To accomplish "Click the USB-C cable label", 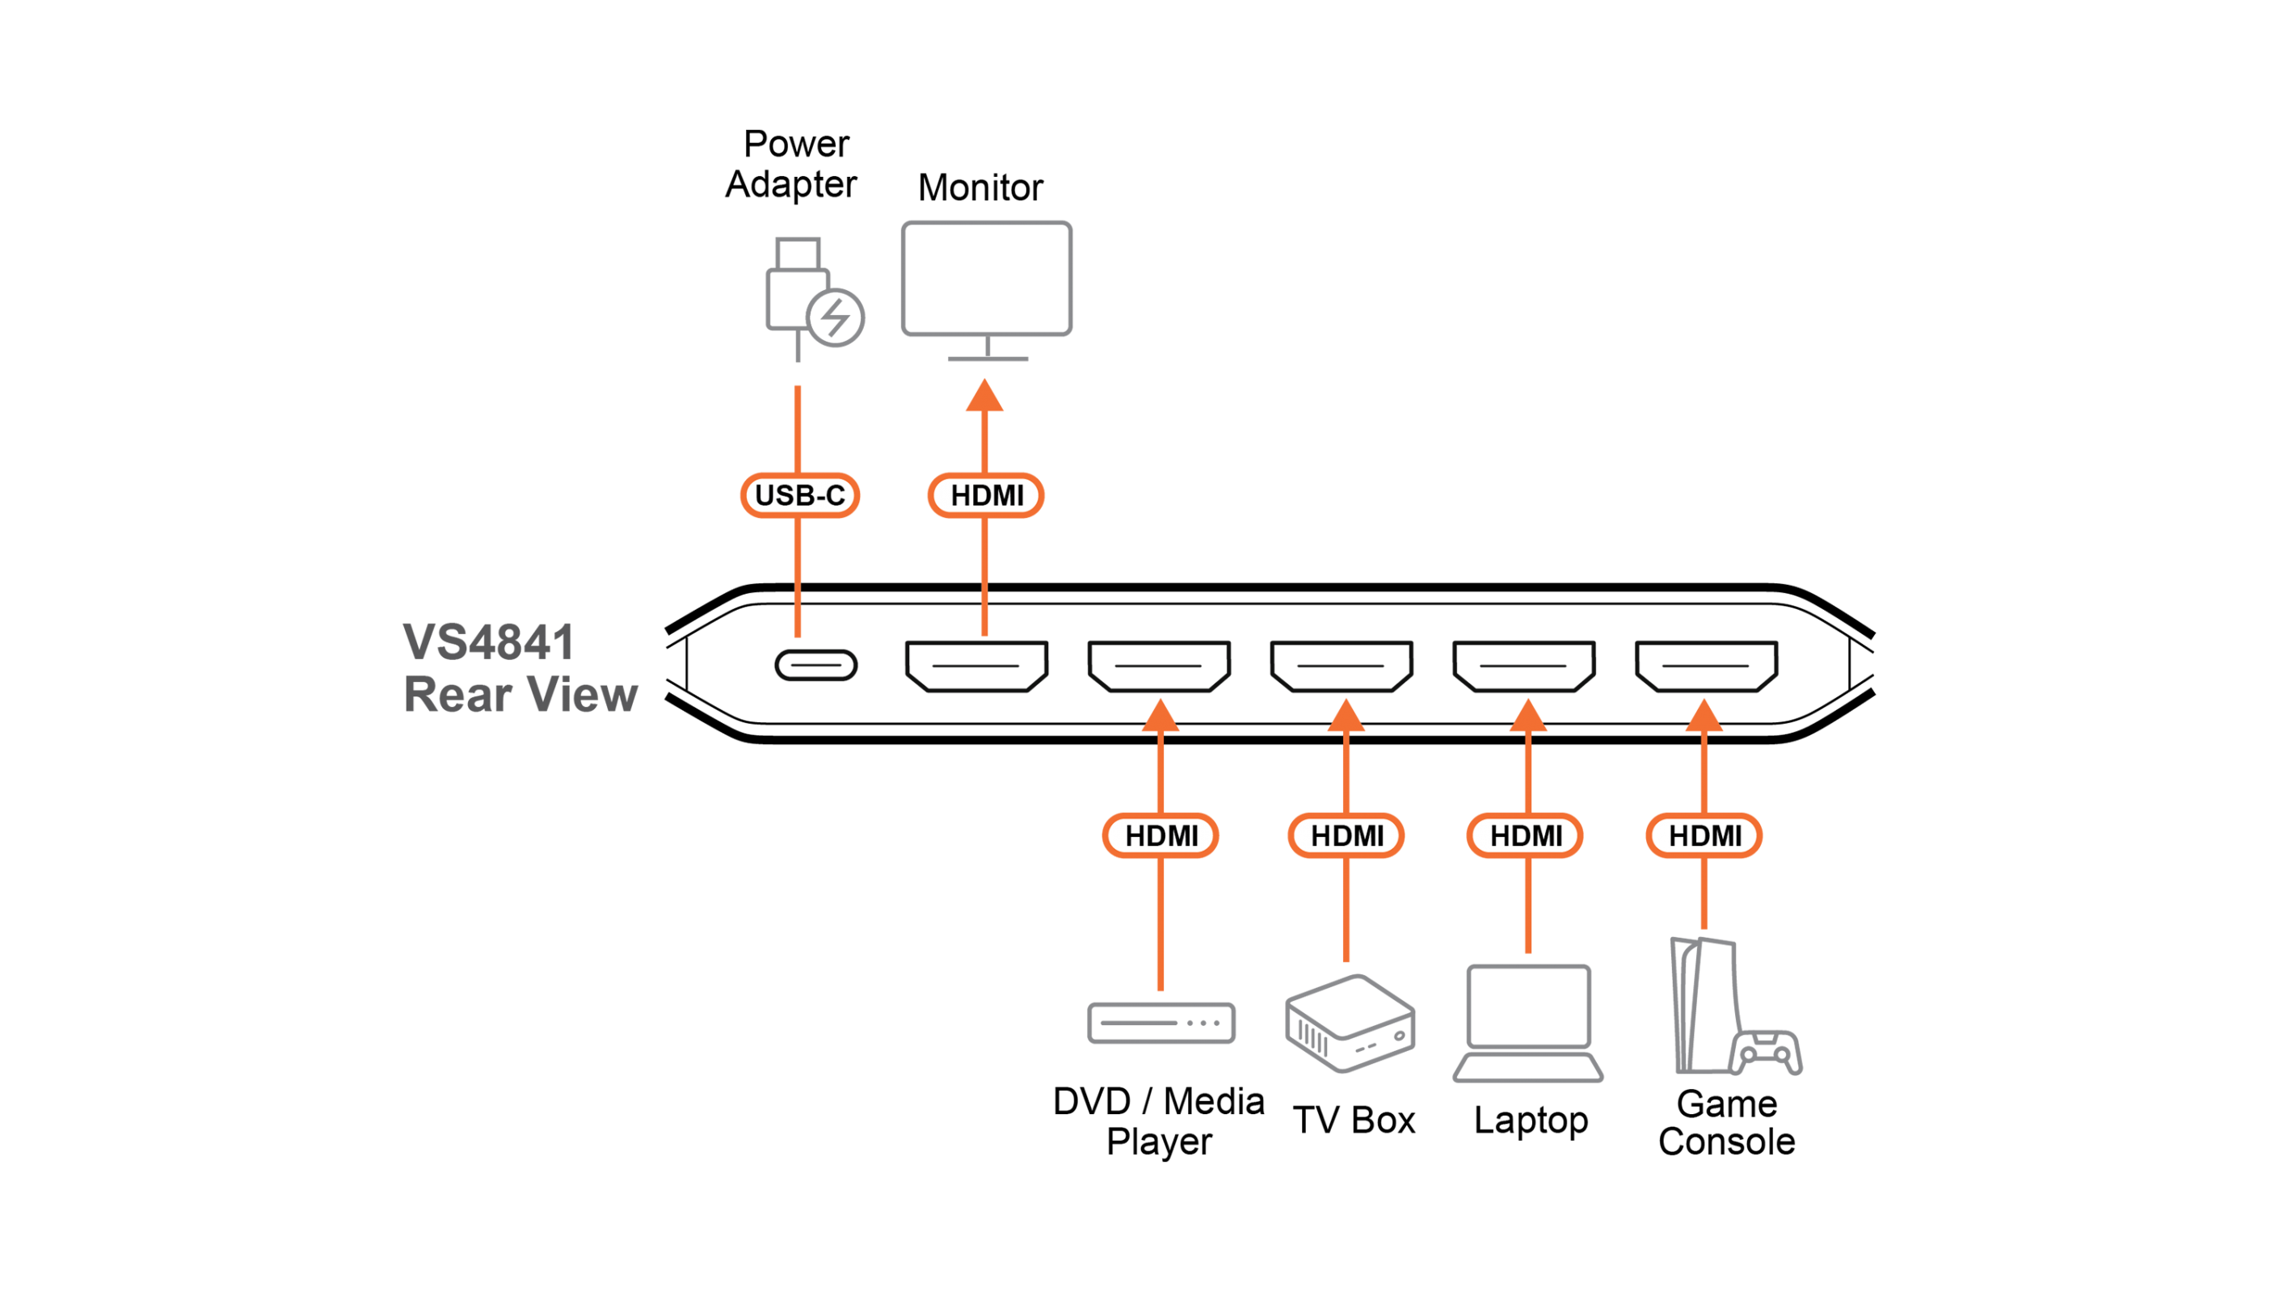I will pyautogui.click(x=800, y=494).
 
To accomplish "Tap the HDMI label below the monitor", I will pyautogui.click(x=986, y=494).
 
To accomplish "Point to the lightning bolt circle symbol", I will pyautogui.click(x=836, y=317).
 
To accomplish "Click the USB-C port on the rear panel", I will pyautogui.click(x=815, y=665).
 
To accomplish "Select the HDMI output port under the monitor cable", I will pyautogui.click(x=977, y=665).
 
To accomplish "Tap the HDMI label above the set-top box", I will pyautogui.click(x=1161, y=835).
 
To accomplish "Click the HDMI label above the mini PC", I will pyautogui.click(x=1346, y=835).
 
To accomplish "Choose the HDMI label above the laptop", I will pyautogui.click(x=1525, y=835).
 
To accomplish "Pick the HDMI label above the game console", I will pyautogui.click(x=1704, y=835).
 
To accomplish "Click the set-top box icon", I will pyautogui.click(x=1161, y=1022).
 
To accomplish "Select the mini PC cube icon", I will pyautogui.click(x=1350, y=1024).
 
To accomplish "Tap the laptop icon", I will pyautogui.click(x=1528, y=1024).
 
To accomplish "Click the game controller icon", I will pyautogui.click(x=1766, y=1053).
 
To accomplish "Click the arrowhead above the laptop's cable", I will pyautogui.click(x=1528, y=716).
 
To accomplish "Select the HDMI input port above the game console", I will pyautogui.click(x=1706, y=665).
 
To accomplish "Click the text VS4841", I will pyautogui.click(x=488, y=642).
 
